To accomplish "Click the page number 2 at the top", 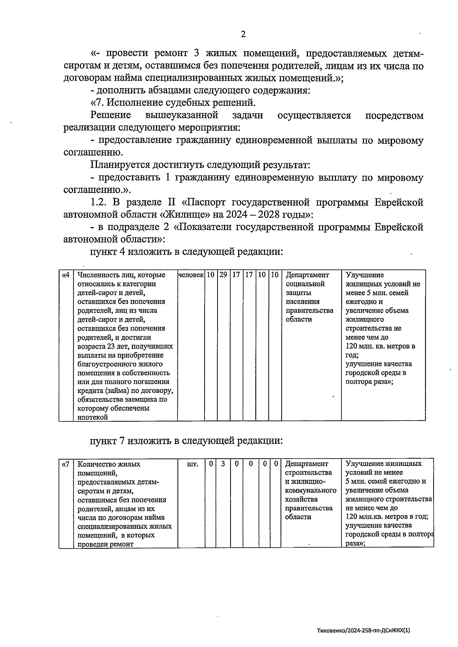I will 243,35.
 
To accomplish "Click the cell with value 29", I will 223,275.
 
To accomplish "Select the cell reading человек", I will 191,275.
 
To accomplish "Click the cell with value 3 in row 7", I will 223,464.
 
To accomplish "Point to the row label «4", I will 66,275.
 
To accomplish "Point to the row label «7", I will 66,464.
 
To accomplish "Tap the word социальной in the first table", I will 305,284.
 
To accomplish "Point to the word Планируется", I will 120,165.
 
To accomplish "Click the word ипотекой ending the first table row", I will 93,417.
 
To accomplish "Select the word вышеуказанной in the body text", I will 182,116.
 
